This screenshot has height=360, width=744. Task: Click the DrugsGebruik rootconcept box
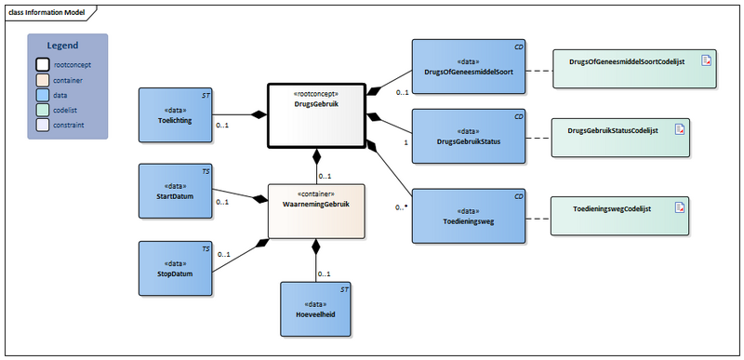click(315, 114)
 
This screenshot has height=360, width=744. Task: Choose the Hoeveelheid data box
click(320, 309)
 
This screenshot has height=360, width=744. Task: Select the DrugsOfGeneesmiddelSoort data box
click(468, 67)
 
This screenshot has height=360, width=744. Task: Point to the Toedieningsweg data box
click(468, 217)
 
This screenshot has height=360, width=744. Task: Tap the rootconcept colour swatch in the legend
click(43, 65)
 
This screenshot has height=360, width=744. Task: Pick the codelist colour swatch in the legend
click(43, 109)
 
